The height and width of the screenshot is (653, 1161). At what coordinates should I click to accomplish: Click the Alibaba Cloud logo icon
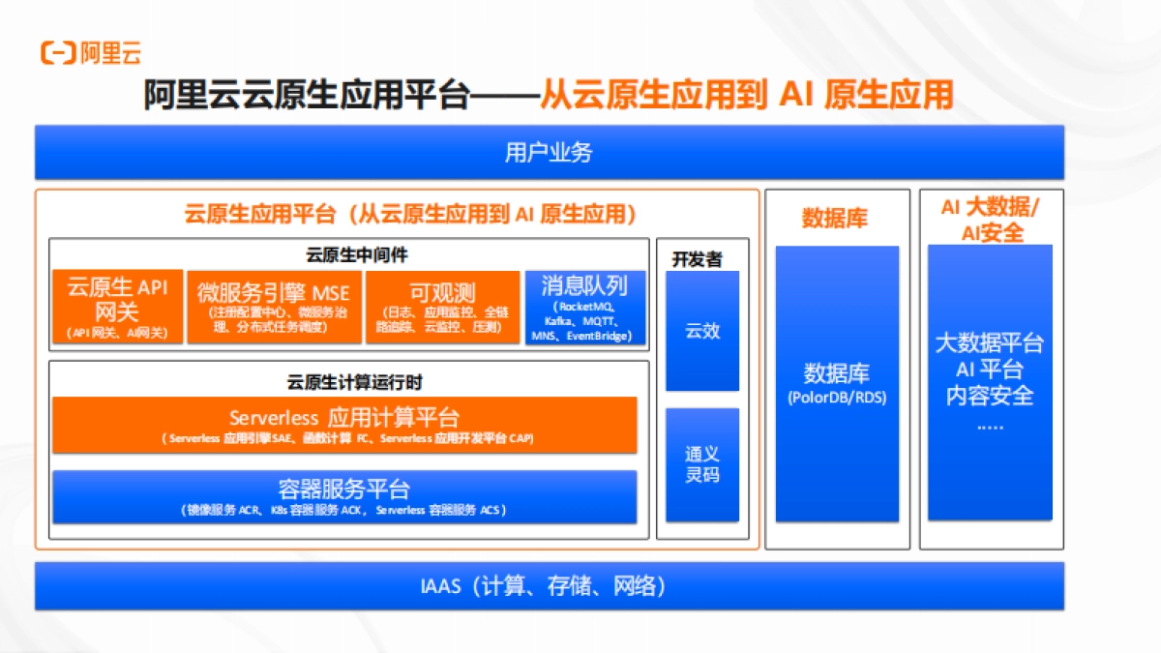tap(57, 52)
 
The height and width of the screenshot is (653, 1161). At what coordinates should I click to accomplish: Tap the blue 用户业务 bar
tap(549, 153)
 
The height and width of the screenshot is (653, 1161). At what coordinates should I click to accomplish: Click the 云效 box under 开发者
tap(702, 331)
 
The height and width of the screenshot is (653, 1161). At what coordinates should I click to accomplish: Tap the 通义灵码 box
tap(702, 464)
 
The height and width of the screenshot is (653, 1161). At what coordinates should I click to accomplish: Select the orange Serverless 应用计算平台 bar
tap(344, 424)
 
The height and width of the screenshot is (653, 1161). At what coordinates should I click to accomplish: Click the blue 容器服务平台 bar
tap(344, 496)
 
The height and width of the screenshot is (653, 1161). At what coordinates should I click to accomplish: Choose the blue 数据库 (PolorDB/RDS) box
tap(837, 382)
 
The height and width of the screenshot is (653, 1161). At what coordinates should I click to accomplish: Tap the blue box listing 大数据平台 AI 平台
tap(990, 382)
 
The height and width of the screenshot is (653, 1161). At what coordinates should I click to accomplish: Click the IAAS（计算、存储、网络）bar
tap(549, 586)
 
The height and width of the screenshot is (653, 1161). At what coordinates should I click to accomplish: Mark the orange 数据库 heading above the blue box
tap(835, 219)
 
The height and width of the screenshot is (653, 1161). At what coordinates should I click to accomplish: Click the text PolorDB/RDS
tap(837, 398)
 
